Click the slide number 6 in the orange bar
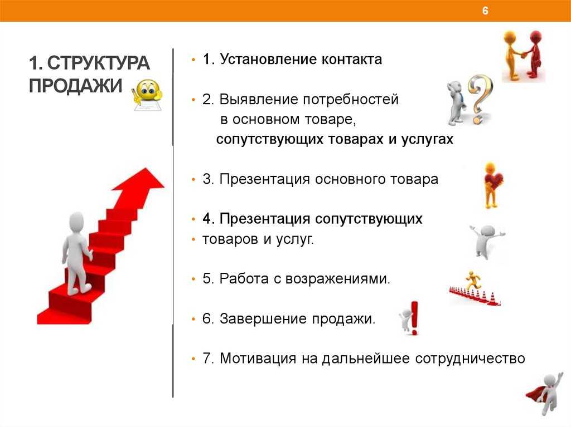coord(485,11)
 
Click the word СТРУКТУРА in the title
coord(98,63)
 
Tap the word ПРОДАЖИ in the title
coord(75,86)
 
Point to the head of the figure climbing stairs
coord(76,222)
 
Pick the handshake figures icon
coord(523,56)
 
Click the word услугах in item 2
coord(427,139)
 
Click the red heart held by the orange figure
coord(494,180)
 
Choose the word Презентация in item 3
coord(264,179)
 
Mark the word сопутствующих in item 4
coord(369,219)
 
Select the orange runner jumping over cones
coord(472,281)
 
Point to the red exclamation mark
coord(414,317)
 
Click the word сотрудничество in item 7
coord(470,359)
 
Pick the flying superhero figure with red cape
coord(545,394)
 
